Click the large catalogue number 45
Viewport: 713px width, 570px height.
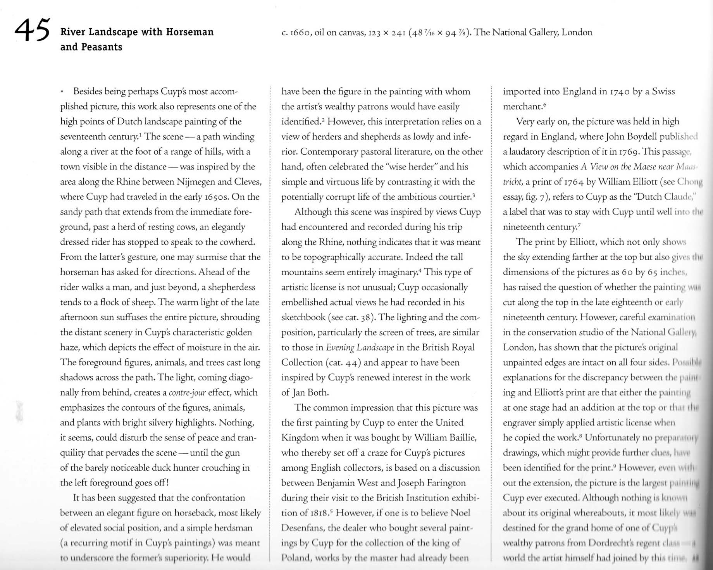tap(32, 30)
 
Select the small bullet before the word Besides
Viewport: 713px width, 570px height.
tap(62, 92)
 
